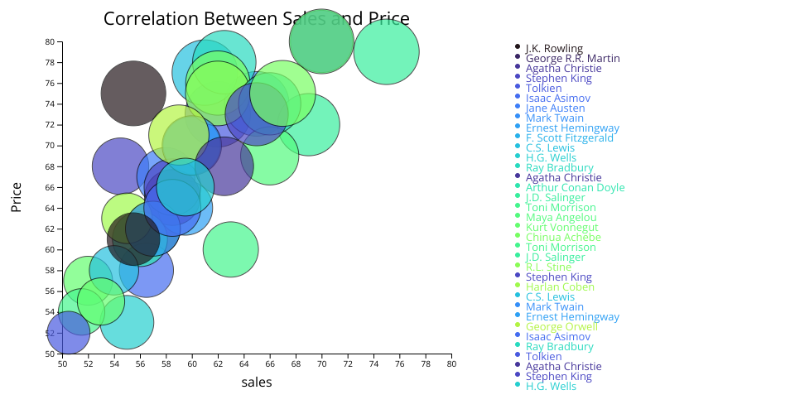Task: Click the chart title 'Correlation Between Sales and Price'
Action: point(256,19)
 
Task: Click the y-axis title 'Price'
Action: point(17,197)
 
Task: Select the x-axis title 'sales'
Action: point(257,382)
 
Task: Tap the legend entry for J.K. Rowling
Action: point(553,48)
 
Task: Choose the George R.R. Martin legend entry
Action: point(572,58)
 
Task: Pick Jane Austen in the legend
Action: point(555,108)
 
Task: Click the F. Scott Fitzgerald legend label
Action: point(569,137)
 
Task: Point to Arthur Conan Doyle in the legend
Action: point(575,187)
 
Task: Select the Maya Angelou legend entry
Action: point(561,217)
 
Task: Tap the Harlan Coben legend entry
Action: point(559,286)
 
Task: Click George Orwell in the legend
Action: point(561,326)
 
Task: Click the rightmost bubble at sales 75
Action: point(386,52)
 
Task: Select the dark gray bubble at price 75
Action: point(133,94)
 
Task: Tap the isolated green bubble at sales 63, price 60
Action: point(230,248)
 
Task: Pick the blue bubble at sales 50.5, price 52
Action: point(68,333)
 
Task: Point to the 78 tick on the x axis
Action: point(426,363)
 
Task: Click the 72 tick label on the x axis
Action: point(348,363)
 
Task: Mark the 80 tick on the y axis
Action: point(50,41)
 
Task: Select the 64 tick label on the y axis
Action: point(50,208)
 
